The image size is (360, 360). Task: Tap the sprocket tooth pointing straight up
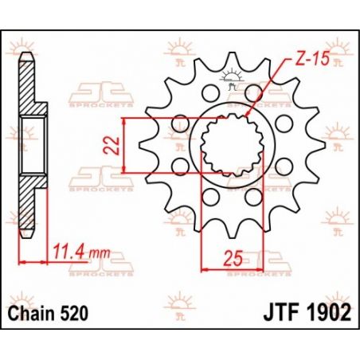pos(232,61)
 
